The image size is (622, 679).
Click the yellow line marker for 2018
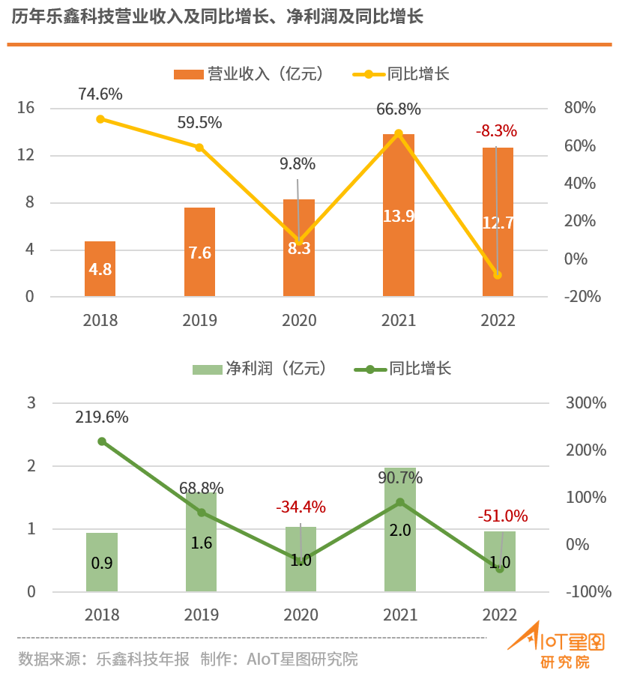point(100,119)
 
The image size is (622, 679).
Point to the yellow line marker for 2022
point(498,275)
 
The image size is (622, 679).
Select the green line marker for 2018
point(102,441)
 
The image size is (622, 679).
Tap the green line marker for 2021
point(400,502)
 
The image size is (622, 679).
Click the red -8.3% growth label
point(496,131)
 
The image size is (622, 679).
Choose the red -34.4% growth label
point(301,507)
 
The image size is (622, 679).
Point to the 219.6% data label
point(102,417)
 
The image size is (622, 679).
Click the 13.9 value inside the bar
point(399,217)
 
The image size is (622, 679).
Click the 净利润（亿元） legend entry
point(262,369)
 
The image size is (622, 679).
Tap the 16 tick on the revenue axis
point(26,108)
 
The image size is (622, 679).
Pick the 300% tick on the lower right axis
point(586,403)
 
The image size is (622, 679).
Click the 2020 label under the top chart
point(299,321)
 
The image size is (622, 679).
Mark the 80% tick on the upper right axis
point(579,108)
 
